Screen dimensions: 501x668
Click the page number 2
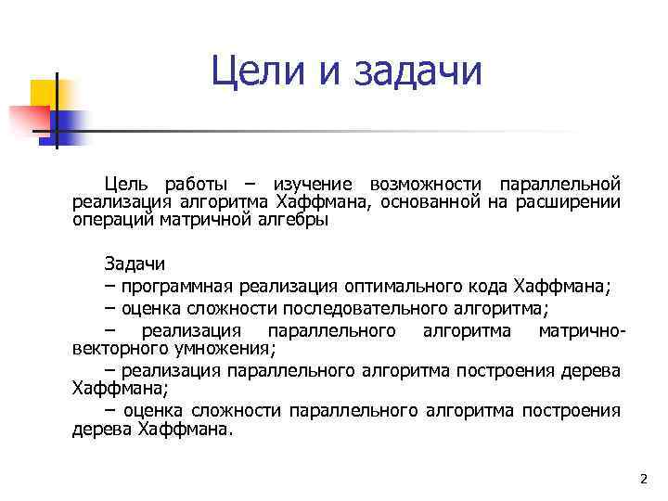(643, 479)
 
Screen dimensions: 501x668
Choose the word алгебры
(294, 221)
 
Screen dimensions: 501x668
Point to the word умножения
(226, 348)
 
